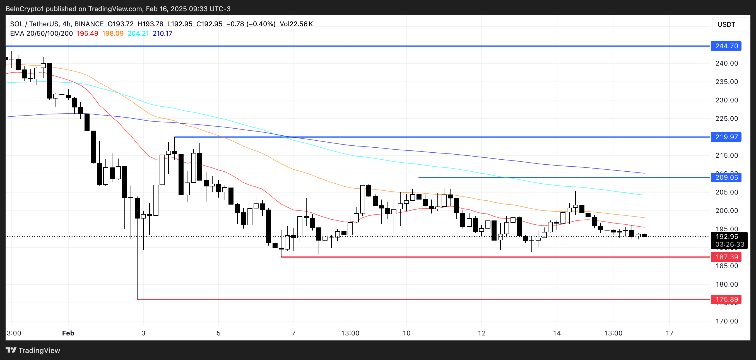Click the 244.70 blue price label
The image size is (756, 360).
point(726,46)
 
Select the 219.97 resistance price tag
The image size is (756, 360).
point(726,137)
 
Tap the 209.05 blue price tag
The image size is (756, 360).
point(726,177)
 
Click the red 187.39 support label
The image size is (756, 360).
point(726,257)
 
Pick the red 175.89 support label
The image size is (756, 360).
point(726,299)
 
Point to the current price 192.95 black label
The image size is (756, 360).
point(726,237)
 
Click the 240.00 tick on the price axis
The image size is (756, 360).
point(726,63)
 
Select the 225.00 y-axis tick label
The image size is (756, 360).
point(726,119)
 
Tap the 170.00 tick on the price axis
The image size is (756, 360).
point(726,321)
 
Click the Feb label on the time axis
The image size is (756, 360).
point(68,333)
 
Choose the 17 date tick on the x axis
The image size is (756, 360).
point(670,333)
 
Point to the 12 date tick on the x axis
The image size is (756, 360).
point(481,333)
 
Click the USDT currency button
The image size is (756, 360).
point(727,24)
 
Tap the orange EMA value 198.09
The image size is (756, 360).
point(113,33)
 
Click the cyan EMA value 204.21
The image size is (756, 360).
point(138,33)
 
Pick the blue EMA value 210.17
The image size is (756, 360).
point(162,33)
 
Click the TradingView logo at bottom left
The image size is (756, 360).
point(33,350)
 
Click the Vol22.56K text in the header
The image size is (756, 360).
point(296,24)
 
